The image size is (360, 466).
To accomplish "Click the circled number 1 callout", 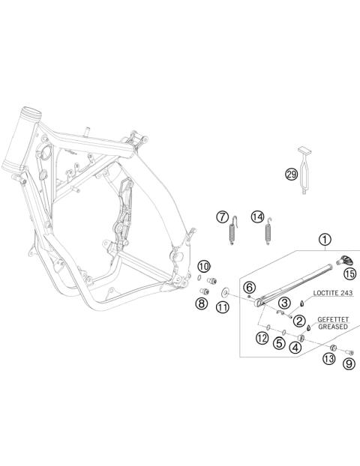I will (x=324, y=240).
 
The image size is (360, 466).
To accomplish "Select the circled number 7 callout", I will (x=222, y=217).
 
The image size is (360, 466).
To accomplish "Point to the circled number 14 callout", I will (x=258, y=217).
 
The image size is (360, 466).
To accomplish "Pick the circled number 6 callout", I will (x=250, y=286).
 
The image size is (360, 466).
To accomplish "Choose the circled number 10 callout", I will (x=204, y=267).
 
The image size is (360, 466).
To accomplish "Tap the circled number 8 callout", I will (x=202, y=303).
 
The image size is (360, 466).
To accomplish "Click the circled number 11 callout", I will (x=223, y=308).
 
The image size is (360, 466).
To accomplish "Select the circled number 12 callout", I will (x=262, y=339).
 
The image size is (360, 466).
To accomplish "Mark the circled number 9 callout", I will (x=347, y=364).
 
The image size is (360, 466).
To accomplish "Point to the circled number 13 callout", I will (x=328, y=360).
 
